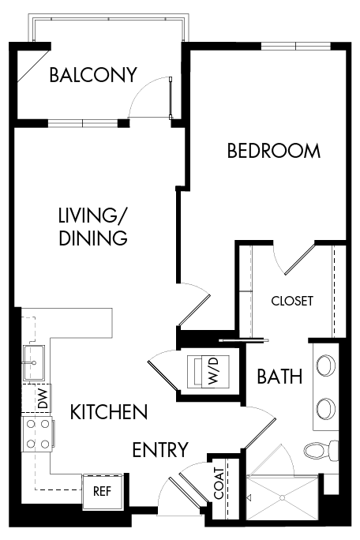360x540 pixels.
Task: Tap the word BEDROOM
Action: tap(274, 151)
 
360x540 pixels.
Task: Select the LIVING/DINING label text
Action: tap(92, 226)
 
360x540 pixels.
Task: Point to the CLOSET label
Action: tap(292, 301)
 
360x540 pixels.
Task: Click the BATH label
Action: tap(279, 377)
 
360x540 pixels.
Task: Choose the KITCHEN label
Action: tap(108, 411)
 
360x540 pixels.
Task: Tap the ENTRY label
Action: tap(159, 450)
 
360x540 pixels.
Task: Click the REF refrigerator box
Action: tap(102, 490)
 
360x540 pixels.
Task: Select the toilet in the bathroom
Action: tap(320, 452)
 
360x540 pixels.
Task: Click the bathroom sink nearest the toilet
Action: tap(324, 408)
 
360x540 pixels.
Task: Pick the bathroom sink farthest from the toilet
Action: tap(324, 366)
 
